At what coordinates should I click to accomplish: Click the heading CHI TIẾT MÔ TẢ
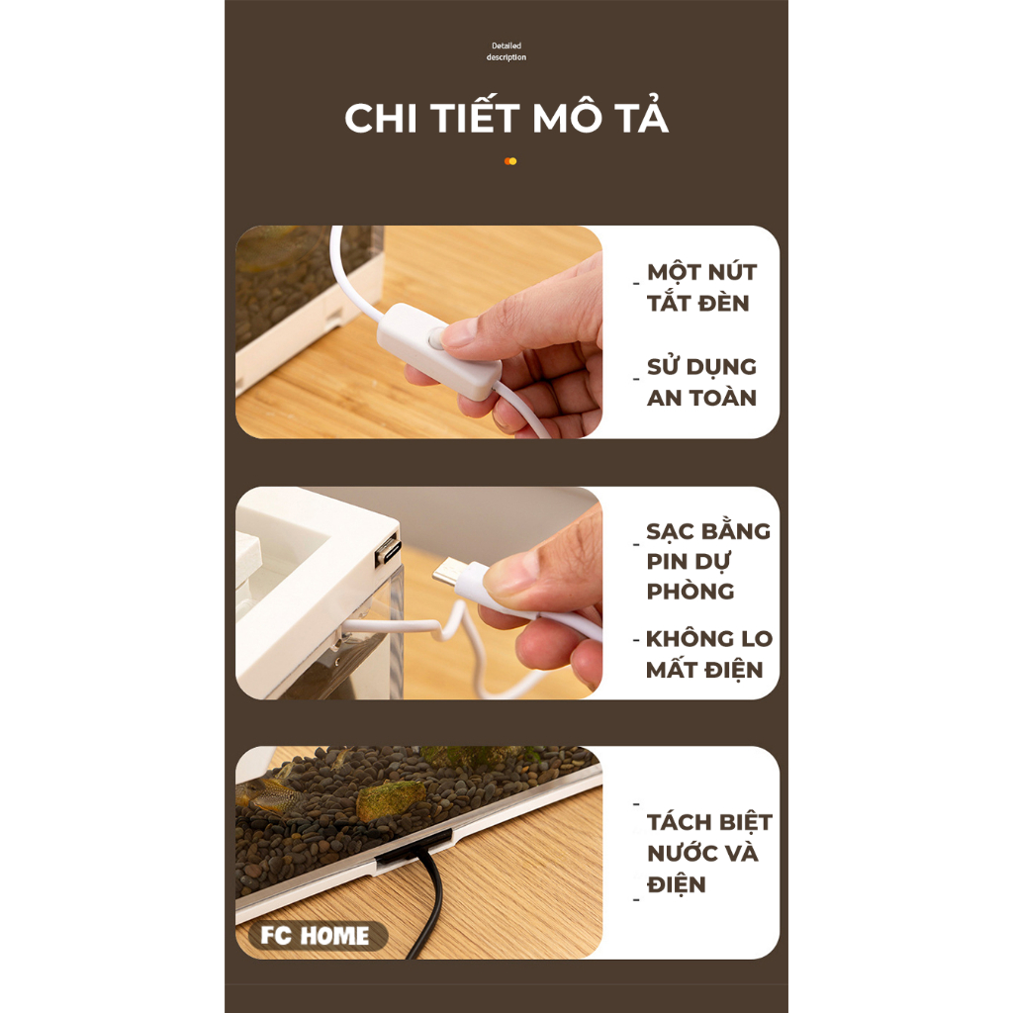[x=506, y=119]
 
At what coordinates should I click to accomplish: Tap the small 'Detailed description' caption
[x=506, y=51]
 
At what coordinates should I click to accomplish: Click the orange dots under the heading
[x=510, y=161]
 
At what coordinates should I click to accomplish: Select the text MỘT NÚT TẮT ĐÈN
[x=701, y=288]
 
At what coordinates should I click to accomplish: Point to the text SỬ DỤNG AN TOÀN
[x=701, y=382]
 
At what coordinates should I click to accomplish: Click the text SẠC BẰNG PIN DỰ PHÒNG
[x=708, y=561]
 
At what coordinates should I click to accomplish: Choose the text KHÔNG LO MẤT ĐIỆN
[x=709, y=654]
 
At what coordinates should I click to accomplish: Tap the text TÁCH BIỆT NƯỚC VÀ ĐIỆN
[x=709, y=853]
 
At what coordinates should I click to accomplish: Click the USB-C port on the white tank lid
[x=388, y=553]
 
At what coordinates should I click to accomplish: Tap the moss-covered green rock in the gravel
[x=391, y=799]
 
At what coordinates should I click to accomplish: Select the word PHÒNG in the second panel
[x=690, y=592]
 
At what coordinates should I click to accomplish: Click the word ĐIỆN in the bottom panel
[x=677, y=883]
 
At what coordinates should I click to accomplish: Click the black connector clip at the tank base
[x=414, y=848]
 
